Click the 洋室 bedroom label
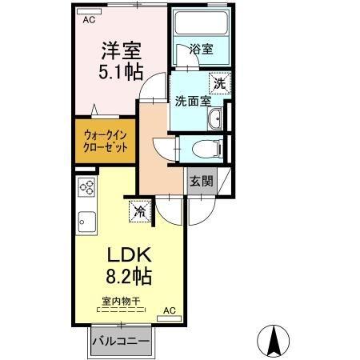click(122, 51)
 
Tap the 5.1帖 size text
click(121, 72)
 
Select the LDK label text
click(130, 255)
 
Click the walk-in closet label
click(106, 142)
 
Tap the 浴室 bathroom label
click(202, 50)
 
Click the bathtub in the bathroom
click(201, 22)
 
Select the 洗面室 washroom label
click(193, 102)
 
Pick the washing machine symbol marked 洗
click(220, 83)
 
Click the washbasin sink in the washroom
click(215, 118)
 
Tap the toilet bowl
click(206, 149)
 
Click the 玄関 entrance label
click(202, 182)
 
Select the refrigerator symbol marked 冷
click(140, 211)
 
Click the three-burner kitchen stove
click(86, 187)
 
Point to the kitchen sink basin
click(86, 222)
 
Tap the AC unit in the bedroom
click(89, 11)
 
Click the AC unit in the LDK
click(170, 318)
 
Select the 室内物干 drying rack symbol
click(122, 310)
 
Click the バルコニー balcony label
click(121, 342)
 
